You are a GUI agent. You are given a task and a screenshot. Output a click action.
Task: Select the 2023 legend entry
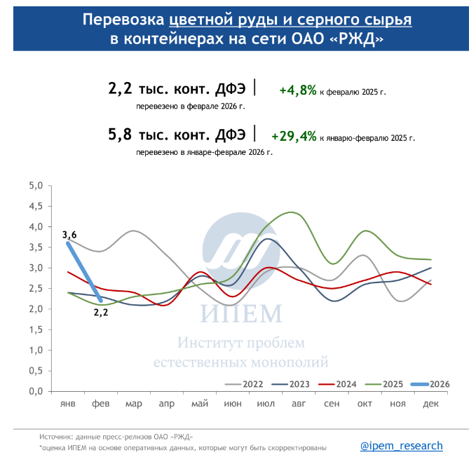tap(290, 384)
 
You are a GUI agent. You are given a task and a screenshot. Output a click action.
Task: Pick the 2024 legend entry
tap(337, 384)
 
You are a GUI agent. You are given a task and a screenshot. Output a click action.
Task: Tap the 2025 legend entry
tap(383, 384)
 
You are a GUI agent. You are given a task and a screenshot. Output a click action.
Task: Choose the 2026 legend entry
tap(429, 384)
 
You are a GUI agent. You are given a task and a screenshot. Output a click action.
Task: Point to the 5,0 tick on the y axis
tap(36, 186)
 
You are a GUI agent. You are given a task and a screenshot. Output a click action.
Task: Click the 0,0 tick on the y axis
tap(36, 391)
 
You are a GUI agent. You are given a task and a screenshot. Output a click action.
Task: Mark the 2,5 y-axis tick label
tap(36, 288)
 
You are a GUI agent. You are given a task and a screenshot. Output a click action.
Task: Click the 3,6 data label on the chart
tap(69, 235)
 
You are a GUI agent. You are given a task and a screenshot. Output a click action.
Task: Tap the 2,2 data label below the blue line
tap(102, 312)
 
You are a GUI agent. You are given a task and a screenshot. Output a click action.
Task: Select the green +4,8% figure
tap(298, 90)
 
